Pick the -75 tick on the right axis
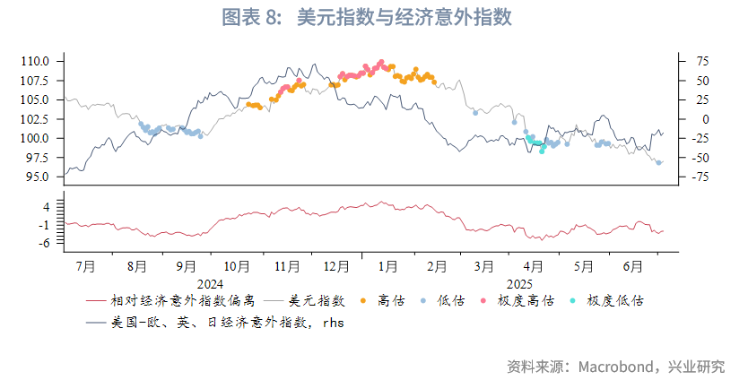[700, 177]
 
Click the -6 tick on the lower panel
[45, 243]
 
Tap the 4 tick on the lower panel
[48, 207]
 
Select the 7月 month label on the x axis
[87, 267]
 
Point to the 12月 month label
[337, 267]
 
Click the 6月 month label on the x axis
[633, 267]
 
